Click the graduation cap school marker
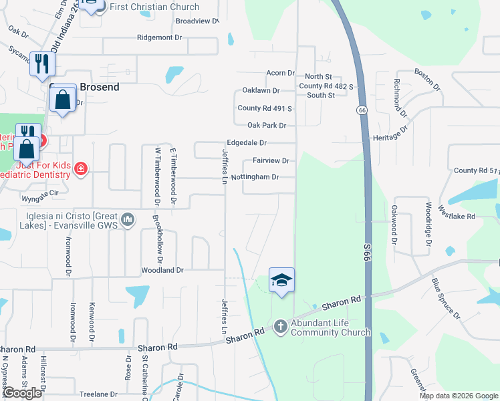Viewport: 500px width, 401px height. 281,280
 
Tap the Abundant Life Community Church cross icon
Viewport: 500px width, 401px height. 281,326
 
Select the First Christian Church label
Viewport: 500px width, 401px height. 154,7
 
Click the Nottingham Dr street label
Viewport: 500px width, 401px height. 255,177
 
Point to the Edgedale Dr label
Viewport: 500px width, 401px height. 247,143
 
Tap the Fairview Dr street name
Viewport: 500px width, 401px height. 271,161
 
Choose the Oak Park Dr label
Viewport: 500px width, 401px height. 267,126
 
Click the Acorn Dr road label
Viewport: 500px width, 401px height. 280,74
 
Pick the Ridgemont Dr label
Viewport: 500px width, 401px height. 159,38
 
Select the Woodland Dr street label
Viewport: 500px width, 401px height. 162,271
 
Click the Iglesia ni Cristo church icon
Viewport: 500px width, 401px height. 129,219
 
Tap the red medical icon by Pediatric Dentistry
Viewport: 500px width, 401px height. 81,168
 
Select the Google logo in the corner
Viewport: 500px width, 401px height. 22,393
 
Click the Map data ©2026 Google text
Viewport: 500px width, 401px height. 458,396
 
